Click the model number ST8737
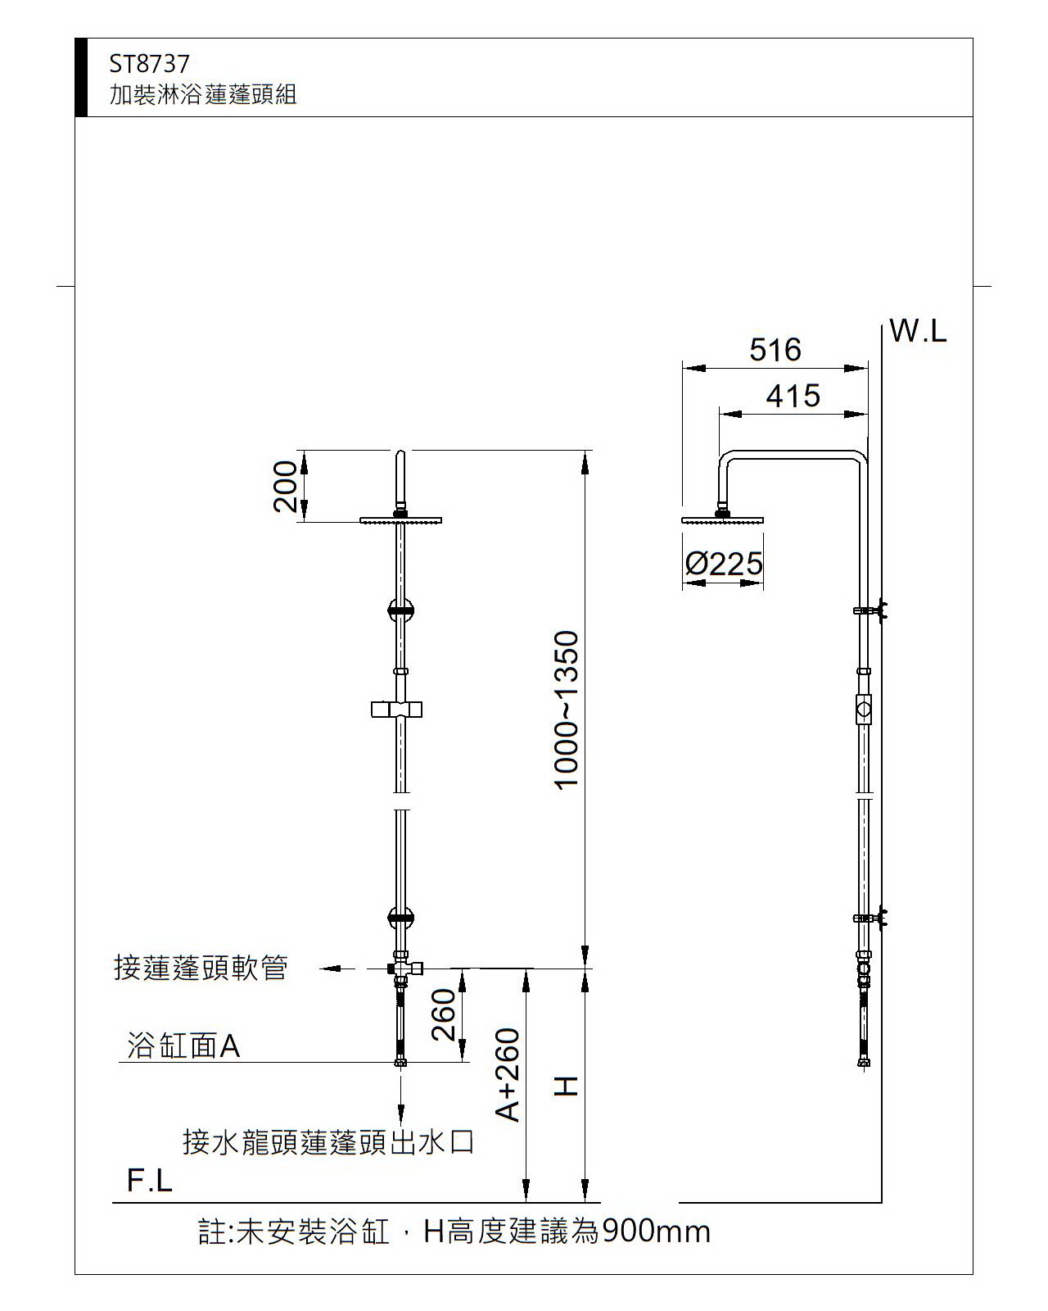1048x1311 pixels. (149, 64)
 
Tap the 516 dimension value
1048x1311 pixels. (775, 350)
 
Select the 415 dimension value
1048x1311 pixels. (793, 397)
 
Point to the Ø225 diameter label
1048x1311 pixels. (724, 564)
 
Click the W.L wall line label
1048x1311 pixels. (918, 331)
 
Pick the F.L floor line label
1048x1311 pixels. (150, 1181)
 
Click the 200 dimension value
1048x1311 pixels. (285, 486)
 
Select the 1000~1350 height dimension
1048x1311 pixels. (567, 710)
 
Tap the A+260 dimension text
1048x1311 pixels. (508, 1074)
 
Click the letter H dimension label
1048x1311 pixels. (567, 1086)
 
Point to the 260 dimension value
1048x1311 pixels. (443, 1014)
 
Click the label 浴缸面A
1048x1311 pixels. (183, 1046)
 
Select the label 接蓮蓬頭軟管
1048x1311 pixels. (201, 968)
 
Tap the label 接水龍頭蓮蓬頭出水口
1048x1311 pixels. (328, 1141)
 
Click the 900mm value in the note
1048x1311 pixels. (656, 1231)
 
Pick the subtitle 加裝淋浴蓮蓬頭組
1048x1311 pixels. (203, 95)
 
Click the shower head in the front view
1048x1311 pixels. (400, 519)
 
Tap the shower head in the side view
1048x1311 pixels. (722, 519)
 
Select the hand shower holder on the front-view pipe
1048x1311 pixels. (396, 709)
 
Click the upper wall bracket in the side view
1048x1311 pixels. (871, 610)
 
